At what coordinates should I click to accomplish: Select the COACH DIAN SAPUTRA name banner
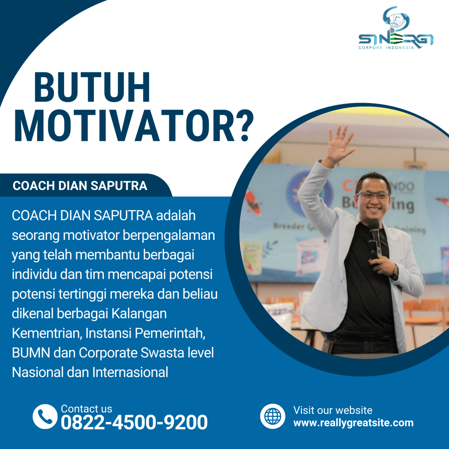point(80,186)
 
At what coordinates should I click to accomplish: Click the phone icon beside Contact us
point(45,416)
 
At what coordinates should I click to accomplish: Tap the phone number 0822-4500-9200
point(134,423)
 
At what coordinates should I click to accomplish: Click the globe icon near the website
point(272,416)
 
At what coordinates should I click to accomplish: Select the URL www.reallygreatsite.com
point(353,423)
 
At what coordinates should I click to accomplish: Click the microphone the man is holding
point(374,237)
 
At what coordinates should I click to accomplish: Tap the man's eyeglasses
point(373,195)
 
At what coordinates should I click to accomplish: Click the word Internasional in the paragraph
point(130,373)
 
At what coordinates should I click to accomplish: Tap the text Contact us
point(86,409)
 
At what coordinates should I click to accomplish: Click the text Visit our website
point(333,410)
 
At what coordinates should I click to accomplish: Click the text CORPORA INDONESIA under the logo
point(386,48)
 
